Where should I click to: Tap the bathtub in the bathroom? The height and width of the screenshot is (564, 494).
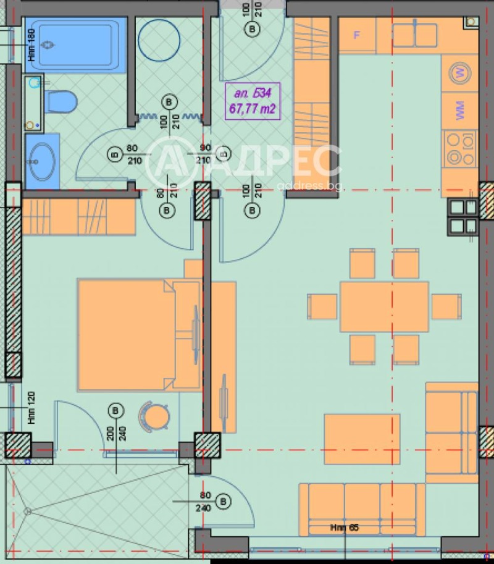(78, 45)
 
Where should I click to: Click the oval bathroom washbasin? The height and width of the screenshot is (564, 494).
(42, 161)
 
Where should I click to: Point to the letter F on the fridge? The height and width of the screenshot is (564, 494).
(356, 35)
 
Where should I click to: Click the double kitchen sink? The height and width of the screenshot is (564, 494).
(414, 35)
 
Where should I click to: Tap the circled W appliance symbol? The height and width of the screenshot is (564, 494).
(459, 73)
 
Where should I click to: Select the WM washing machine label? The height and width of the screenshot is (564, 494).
(459, 111)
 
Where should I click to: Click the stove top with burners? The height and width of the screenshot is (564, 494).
(459, 149)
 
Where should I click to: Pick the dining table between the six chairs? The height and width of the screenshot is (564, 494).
(384, 306)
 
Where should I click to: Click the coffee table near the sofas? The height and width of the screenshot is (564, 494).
(362, 439)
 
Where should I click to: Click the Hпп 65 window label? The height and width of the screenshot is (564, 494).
(343, 528)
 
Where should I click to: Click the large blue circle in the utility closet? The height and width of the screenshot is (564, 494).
(159, 41)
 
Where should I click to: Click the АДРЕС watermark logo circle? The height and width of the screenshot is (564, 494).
(168, 162)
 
